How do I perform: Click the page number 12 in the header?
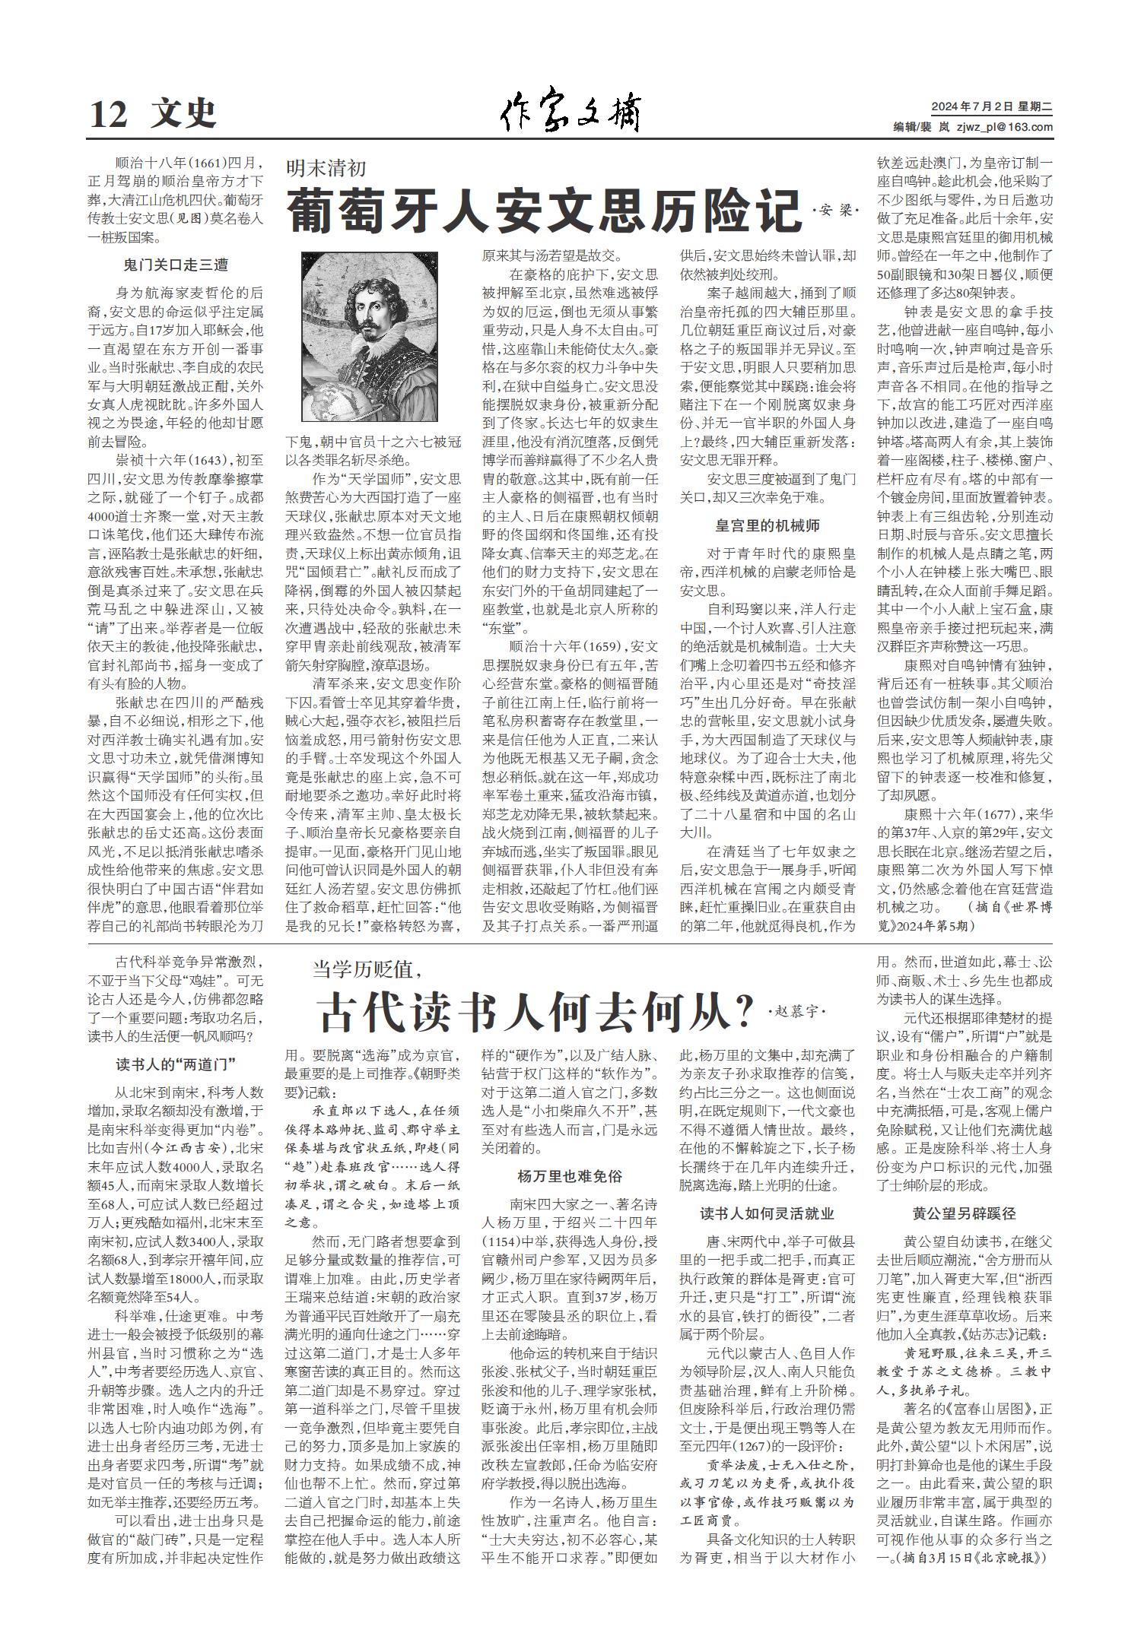point(108,115)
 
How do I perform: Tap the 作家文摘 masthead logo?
point(570,114)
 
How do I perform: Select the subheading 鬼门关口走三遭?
point(176,265)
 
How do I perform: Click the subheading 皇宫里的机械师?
point(767,525)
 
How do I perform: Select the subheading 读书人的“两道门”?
point(176,1063)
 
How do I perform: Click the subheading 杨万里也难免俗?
point(570,1176)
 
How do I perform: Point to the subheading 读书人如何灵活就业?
point(767,1214)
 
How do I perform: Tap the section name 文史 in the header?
point(183,115)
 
